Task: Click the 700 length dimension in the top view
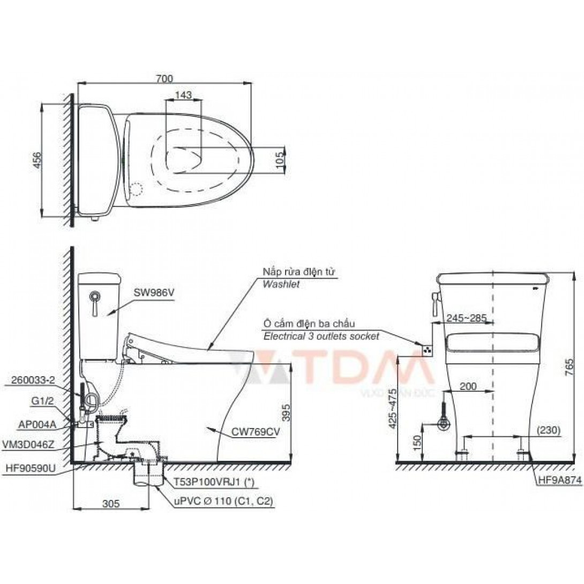165,79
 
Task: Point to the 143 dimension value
183,95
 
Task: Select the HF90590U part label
36,467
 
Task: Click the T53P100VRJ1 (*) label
213,482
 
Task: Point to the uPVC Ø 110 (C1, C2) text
223,502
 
